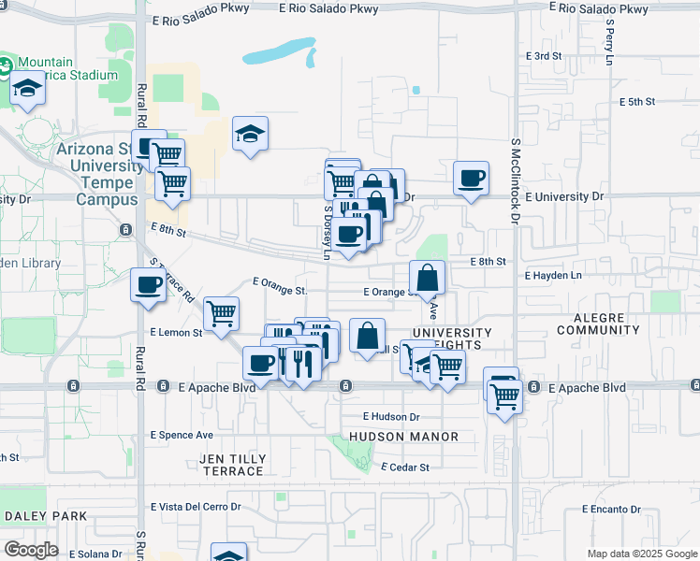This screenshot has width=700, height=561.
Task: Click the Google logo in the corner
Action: click(x=31, y=549)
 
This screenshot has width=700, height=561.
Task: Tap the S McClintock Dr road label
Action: click(x=515, y=180)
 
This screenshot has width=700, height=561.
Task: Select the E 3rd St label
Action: click(x=544, y=56)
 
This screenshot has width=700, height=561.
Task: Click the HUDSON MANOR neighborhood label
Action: click(x=403, y=437)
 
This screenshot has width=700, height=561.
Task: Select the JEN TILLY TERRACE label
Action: click(x=231, y=465)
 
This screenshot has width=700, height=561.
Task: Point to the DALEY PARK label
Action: click(x=46, y=516)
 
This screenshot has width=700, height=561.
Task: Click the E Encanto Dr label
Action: click(x=610, y=510)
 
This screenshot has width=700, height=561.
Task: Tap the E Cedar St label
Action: click(x=405, y=467)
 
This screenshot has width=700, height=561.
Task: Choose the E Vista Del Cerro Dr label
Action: click(x=195, y=507)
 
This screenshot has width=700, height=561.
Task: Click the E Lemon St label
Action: click(x=176, y=332)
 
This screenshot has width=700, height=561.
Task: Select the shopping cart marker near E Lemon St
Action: click(x=221, y=313)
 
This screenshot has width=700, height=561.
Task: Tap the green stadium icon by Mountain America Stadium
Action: click(x=4, y=66)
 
